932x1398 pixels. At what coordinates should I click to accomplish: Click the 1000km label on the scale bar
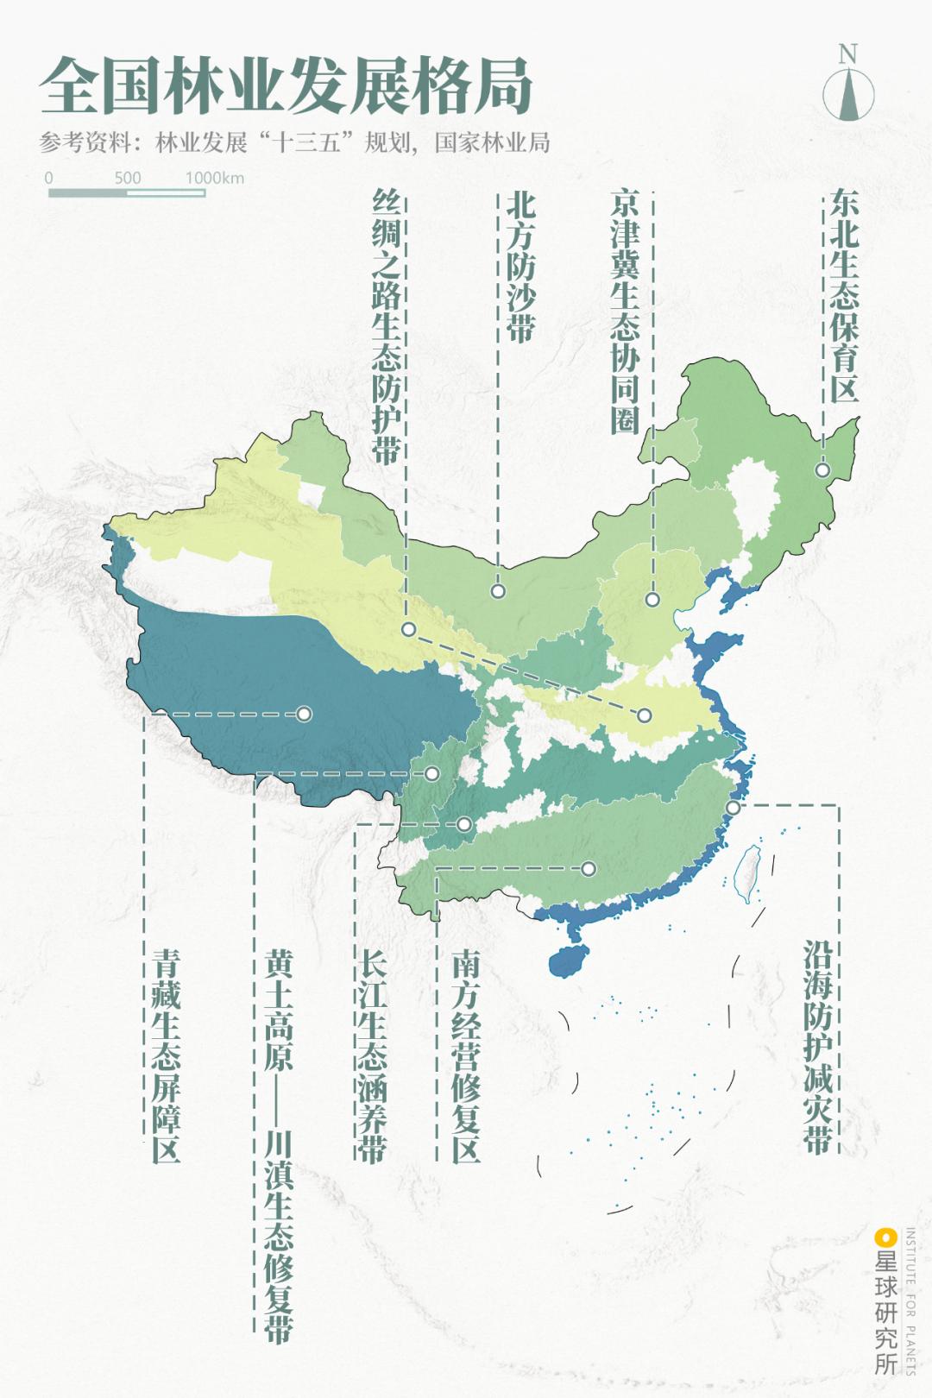tap(215, 178)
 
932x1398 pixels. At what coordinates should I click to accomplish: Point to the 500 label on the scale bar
tap(128, 178)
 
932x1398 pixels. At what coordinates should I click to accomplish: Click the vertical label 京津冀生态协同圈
tap(625, 311)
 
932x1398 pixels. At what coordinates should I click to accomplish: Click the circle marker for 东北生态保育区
tap(822, 470)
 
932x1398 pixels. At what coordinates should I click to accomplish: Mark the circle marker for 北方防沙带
tap(498, 591)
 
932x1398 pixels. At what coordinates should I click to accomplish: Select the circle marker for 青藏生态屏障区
tap(304, 714)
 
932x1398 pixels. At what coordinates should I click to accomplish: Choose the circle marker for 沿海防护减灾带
tap(733, 808)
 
